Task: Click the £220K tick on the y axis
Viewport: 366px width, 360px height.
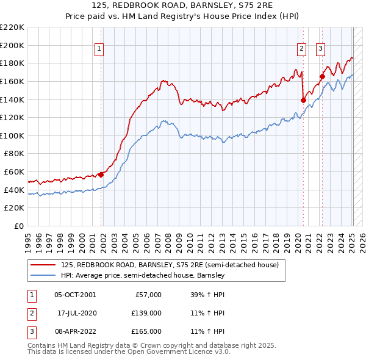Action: click(12, 27)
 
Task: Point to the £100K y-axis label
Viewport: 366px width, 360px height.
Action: click(12, 135)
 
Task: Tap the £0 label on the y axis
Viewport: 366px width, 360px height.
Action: click(20, 226)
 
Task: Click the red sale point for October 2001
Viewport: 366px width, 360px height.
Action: click(101, 175)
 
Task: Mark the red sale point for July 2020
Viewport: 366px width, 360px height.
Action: click(303, 100)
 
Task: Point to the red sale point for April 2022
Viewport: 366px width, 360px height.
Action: click(322, 77)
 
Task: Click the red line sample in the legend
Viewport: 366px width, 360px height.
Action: click(43, 265)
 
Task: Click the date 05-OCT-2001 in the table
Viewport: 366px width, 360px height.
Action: click(74, 295)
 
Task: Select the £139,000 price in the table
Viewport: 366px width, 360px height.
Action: click(146, 313)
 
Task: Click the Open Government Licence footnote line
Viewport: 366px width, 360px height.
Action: click(129, 352)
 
